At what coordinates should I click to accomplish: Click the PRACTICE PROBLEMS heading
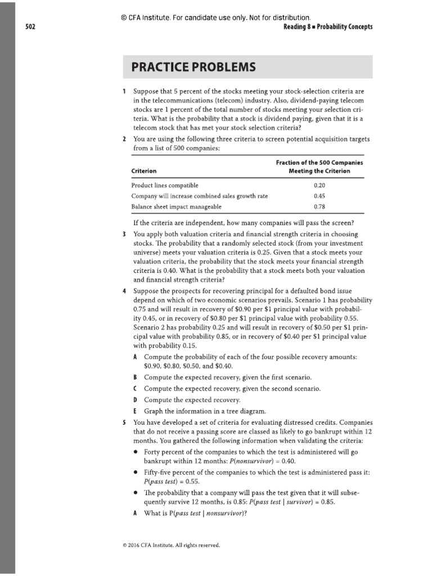[193, 67]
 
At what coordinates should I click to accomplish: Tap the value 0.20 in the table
[319, 184]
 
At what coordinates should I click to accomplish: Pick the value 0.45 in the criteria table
[319, 196]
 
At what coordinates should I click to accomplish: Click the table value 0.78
[319, 206]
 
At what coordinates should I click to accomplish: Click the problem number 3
[124, 233]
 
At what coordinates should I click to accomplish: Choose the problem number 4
[124, 291]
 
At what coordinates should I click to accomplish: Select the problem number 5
[124, 422]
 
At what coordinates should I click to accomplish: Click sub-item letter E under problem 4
[135, 411]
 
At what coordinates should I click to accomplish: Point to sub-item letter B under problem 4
[135, 377]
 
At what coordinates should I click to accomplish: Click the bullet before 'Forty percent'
[136, 452]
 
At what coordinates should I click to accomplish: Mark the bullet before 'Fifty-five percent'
[136, 474]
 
